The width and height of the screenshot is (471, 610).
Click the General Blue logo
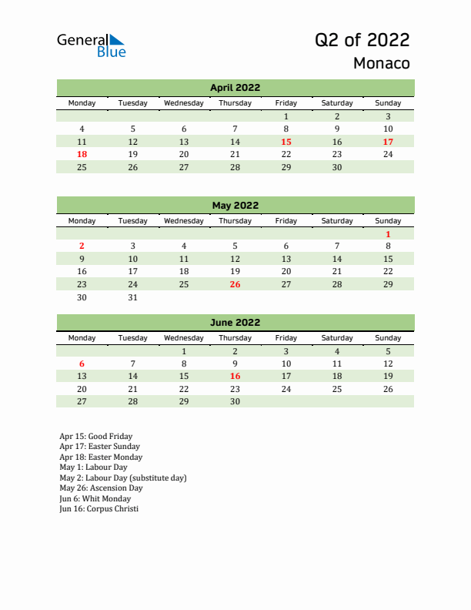[91, 45]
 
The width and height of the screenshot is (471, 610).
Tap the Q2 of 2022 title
[362, 40]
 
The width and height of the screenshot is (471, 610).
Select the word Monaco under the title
[381, 63]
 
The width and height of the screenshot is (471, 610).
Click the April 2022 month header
[235, 88]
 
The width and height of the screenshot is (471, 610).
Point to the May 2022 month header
[235, 206]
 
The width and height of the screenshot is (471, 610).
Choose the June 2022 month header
[235, 323]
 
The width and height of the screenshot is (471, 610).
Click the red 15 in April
[286, 142]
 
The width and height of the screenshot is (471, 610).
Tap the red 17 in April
[388, 142]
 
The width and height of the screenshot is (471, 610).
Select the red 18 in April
[82, 154]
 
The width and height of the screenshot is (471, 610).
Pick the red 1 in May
[388, 234]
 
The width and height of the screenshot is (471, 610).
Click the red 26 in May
[235, 284]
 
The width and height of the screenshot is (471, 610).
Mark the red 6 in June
[82, 364]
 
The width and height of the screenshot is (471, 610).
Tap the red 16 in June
[235, 376]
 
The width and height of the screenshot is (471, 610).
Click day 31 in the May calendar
[133, 297]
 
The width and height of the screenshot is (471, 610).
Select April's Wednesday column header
[184, 103]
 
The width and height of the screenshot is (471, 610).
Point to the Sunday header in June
[388, 338]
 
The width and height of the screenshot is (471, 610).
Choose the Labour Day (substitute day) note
[122, 478]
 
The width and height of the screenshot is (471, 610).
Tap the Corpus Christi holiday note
[99, 509]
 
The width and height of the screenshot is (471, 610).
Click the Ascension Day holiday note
[101, 488]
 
